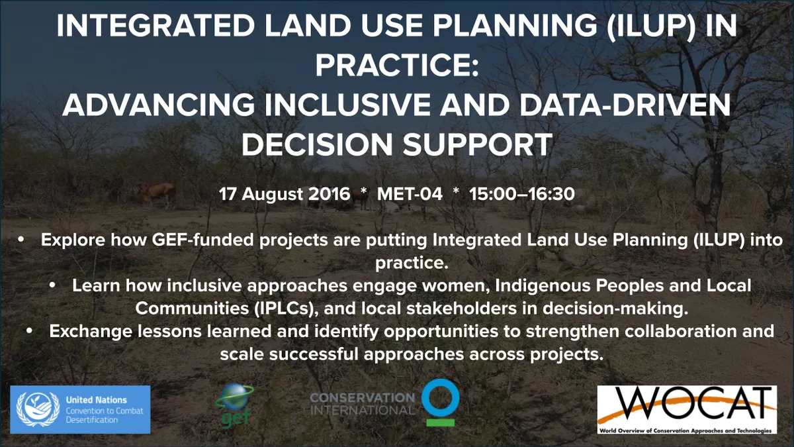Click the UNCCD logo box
(x=80, y=409)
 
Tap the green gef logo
(x=235, y=405)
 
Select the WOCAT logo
(x=687, y=409)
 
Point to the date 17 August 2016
(x=285, y=194)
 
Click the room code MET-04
(x=410, y=194)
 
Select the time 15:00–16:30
(x=522, y=194)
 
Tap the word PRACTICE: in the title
(x=397, y=66)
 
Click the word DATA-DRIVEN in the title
(x=625, y=105)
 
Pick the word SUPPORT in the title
(x=478, y=144)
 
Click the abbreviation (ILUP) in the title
(x=651, y=26)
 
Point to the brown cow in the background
(x=156, y=192)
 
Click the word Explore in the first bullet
(x=73, y=240)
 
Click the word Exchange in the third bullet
(x=90, y=332)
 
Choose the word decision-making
(x=616, y=309)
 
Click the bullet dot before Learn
(x=52, y=285)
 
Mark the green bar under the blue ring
(x=440, y=422)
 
